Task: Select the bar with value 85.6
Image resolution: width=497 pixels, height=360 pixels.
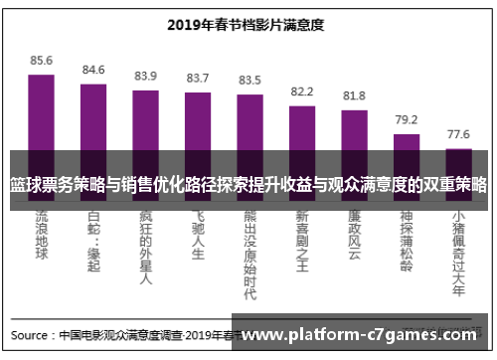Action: pyautogui.click(x=41, y=109)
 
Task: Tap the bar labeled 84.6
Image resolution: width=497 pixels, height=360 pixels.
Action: pyautogui.click(x=93, y=114)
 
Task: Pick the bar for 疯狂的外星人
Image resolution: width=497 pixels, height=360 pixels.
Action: pyautogui.click(x=145, y=119)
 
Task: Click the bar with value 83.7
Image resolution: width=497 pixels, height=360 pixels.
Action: pyautogui.click(x=198, y=120)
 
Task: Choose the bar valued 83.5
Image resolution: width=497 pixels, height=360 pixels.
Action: pyautogui.click(x=249, y=121)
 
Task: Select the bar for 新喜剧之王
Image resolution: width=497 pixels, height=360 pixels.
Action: pyautogui.click(x=301, y=126)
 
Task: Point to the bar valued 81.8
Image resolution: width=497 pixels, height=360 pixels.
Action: pyautogui.click(x=354, y=129)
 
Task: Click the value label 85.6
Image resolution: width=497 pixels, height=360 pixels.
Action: pyautogui.click(x=41, y=61)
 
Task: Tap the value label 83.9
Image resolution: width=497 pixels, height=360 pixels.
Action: pyautogui.click(x=145, y=76)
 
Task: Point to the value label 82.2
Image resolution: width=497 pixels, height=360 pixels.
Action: pyautogui.click(x=301, y=90)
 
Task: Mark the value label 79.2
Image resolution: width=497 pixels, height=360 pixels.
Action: pyautogui.click(x=406, y=119)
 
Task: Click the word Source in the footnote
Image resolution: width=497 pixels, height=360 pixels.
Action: pyautogui.click(x=33, y=334)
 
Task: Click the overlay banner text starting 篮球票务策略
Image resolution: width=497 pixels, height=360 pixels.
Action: pyautogui.click(x=248, y=185)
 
